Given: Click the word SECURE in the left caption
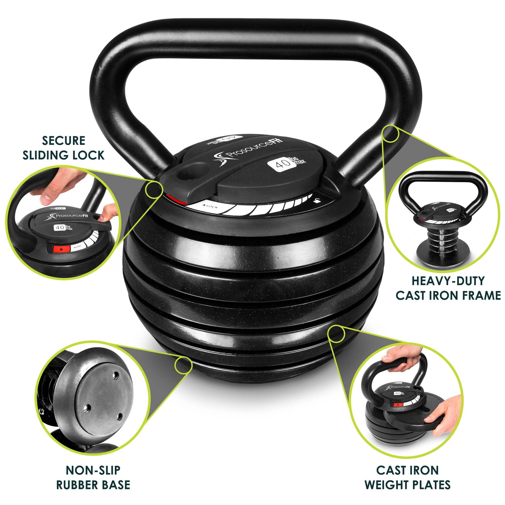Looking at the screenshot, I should point(64,141).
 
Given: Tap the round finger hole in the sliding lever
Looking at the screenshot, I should point(194,172).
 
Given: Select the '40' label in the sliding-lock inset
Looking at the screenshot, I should point(60,228).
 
